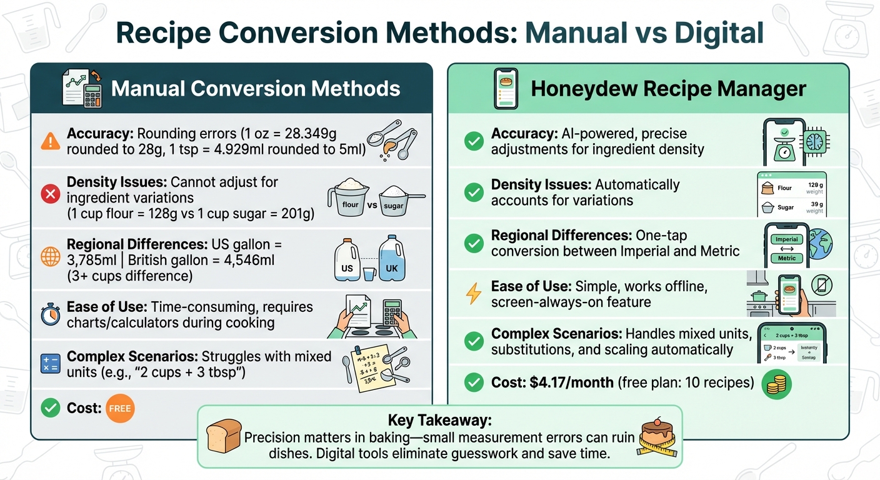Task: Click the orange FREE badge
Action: pyautogui.click(x=120, y=409)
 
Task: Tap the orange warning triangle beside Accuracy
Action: pyautogui.click(x=50, y=141)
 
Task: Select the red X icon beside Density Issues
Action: pyautogui.click(x=50, y=195)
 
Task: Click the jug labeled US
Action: pyautogui.click(x=347, y=257)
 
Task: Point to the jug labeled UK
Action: pyautogui.click(x=392, y=257)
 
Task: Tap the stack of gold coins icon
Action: pyautogui.click(x=777, y=383)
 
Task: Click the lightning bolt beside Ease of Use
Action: pyautogui.click(x=474, y=294)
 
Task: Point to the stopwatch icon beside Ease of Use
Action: pyautogui.click(x=50, y=314)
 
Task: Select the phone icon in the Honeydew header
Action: pyautogui.click(x=505, y=89)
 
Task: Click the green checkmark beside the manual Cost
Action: pyautogui.click(x=50, y=409)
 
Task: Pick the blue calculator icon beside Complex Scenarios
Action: pyautogui.click(x=50, y=364)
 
